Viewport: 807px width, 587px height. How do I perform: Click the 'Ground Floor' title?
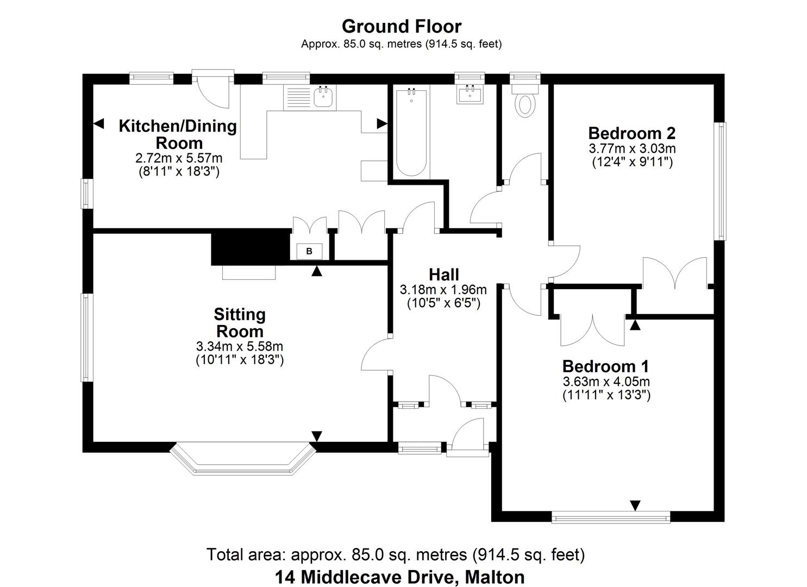[x=402, y=26]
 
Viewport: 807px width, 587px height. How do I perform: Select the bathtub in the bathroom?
[x=411, y=133]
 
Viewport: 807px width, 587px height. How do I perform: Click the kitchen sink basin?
[x=323, y=96]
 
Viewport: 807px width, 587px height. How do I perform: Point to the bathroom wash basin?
[x=470, y=94]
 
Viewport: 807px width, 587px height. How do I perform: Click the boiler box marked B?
[x=309, y=251]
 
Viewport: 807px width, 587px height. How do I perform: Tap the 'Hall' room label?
[x=443, y=275]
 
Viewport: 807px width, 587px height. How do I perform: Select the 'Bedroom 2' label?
[x=632, y=133]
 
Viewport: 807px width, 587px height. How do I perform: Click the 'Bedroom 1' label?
[x=605, y=366]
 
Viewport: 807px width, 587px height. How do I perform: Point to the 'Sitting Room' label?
[x=240, y=323]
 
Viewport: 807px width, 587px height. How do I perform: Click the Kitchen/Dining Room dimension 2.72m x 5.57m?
[x=179, y=158]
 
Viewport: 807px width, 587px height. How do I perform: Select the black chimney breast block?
[x=251, y=247]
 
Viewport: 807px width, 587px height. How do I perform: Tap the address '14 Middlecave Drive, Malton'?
[x=400, y=577]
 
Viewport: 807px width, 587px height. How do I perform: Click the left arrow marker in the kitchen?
[x=99, y=123]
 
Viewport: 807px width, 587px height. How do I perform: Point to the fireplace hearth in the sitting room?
[x=249, y=272]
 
